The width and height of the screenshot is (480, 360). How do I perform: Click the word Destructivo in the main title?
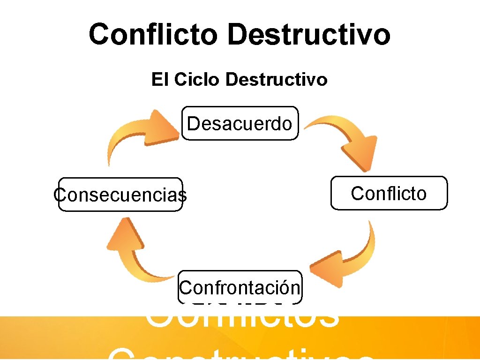coord(309,34)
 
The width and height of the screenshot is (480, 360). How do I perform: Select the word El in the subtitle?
coord(160,80)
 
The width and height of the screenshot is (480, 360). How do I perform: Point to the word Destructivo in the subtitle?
coord(276,80)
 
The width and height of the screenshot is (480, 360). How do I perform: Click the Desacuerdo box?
coord(240,124)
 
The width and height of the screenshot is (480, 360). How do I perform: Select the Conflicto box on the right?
coord(389,193)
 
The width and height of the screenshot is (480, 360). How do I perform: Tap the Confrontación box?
coord(240,287)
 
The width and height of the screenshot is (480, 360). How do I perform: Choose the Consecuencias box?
coord(120,195)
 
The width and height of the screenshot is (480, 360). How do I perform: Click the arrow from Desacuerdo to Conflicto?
coord(345,136)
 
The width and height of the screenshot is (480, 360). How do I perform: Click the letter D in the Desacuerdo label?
coord(192,124)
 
